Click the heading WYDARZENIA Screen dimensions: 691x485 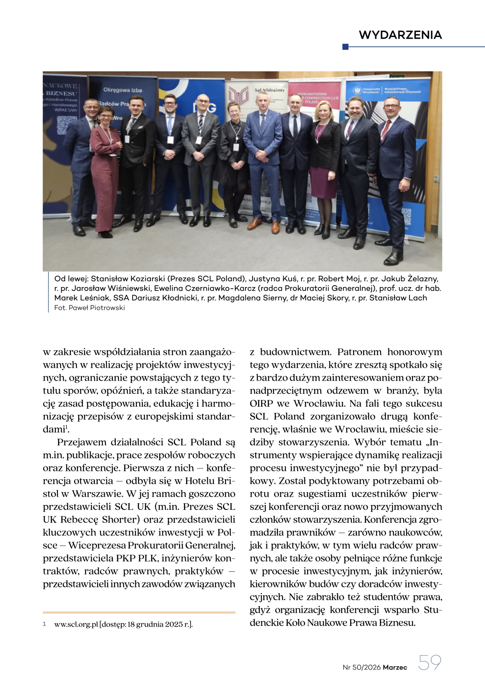pos(400,35)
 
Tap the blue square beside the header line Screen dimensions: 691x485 pos(345,47)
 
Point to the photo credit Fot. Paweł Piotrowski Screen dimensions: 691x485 pos(89,308)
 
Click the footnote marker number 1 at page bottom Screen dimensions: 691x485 pos(45,624)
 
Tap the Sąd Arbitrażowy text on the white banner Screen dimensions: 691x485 pos(269,90)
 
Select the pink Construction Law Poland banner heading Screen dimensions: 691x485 pos(317,98)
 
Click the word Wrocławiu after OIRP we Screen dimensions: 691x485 pos(319,403)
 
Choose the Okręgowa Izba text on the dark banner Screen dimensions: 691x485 pos(122,90)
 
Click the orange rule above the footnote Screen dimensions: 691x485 pos(139,612)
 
